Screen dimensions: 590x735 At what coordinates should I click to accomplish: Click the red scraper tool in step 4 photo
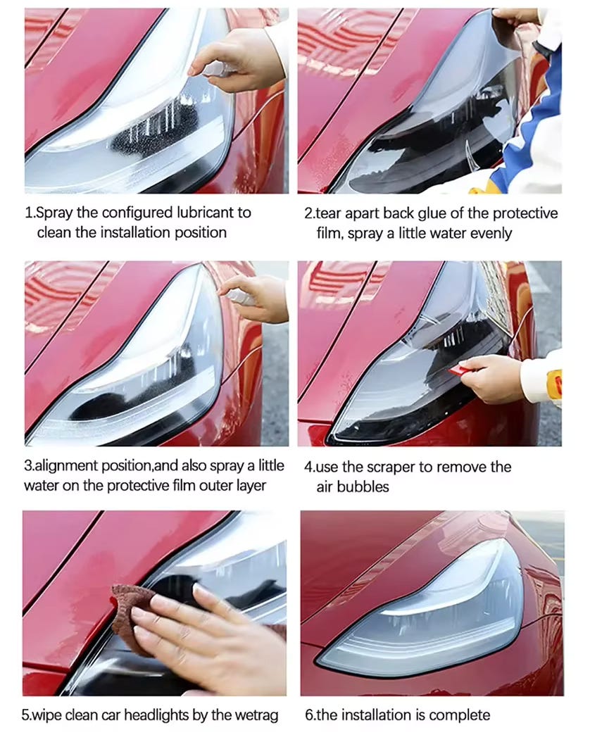pos(462,370)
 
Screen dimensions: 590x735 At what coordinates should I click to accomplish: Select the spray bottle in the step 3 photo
pos(239,296)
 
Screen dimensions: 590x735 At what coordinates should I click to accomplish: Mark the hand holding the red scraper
pos(491,377)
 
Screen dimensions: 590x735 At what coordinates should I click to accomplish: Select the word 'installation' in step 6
pos(375,715)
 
